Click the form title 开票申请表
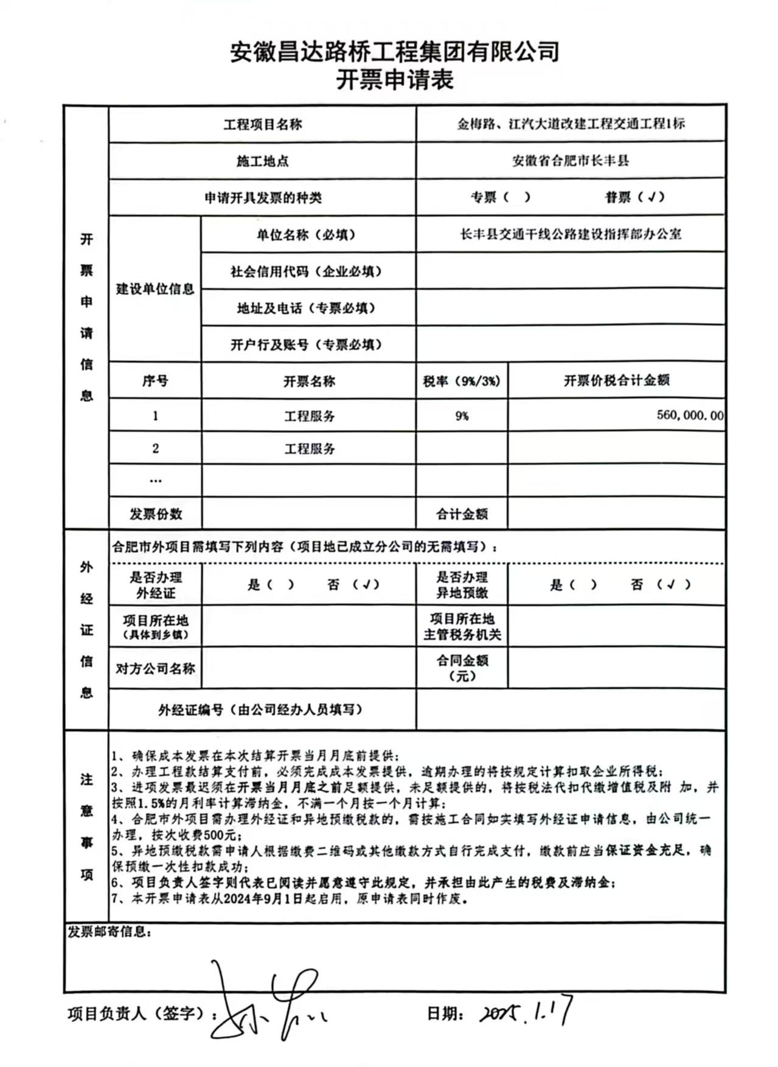(x=395, y=80)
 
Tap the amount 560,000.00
(x=690, y=415)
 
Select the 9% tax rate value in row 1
(x=462, y=416)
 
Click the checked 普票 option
(x=634, y=197)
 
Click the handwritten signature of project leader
(x=268, y=1002)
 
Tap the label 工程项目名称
(x=262, y=125)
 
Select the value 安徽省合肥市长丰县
(x=571, y=161)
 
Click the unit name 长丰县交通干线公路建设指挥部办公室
(x=571, y=234)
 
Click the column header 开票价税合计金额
(x=616, y=380)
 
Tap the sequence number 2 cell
(x=155, y=449)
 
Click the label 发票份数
(x=155, y=514)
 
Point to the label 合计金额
(x=462, y=514)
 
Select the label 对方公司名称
(x=155, y=668)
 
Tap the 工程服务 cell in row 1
(x=309, y=416)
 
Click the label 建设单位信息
(x=155, y=289)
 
